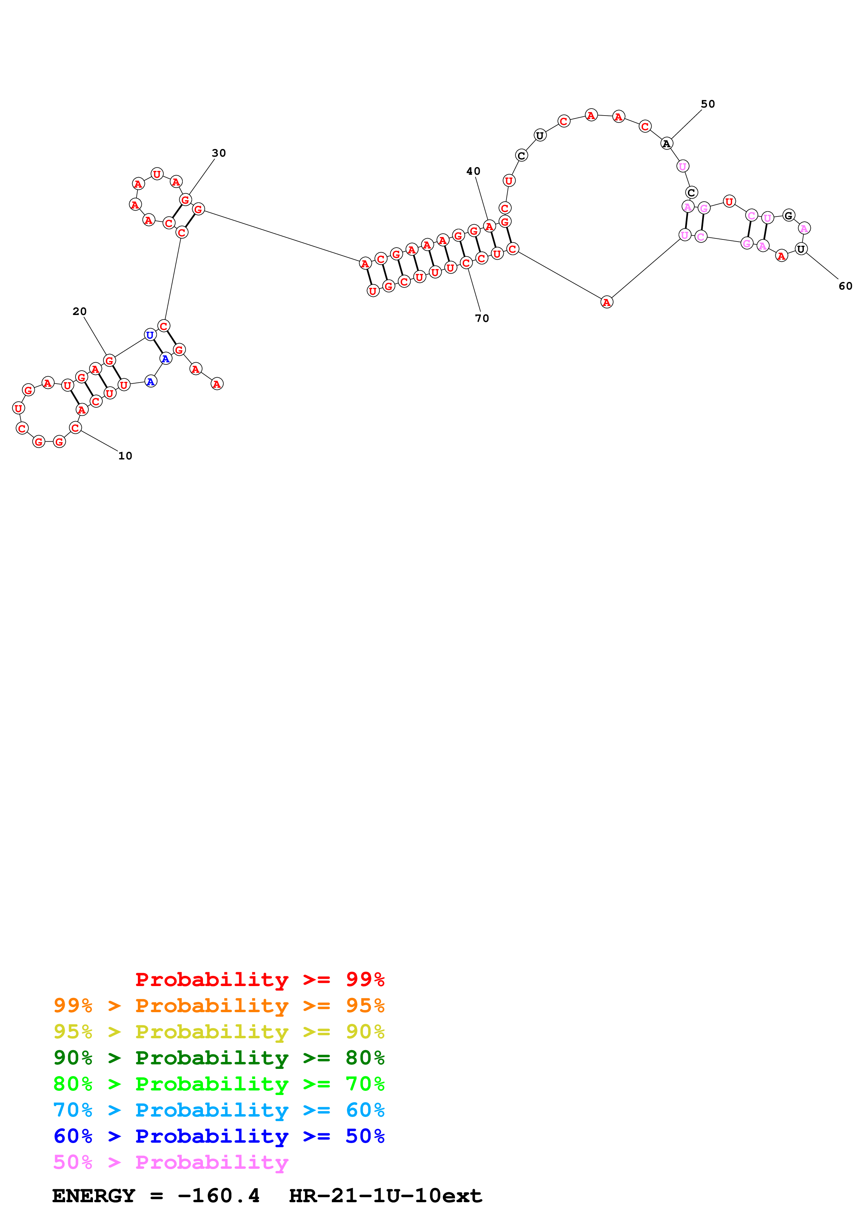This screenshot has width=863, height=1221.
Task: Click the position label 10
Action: pos(125,456)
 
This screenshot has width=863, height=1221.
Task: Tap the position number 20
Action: pos(79,311)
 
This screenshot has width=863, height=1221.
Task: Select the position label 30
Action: pos(219,153)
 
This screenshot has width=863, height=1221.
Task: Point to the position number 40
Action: pos(473,171)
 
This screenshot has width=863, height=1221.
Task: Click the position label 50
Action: pos(708,104)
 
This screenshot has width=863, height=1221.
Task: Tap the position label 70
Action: pos(482,318)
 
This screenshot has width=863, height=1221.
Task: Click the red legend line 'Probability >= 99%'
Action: pos(259,979)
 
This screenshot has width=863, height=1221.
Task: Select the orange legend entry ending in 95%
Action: pos(219,1006)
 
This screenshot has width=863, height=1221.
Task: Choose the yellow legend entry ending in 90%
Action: pos(219,1032)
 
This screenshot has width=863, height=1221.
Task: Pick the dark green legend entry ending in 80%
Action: pos(219,1058)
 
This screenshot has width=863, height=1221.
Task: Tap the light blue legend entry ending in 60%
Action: pos(219,1110)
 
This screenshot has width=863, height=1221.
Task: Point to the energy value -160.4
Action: pos(219,1196)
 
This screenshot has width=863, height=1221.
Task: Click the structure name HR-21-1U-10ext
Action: pos(385,1196)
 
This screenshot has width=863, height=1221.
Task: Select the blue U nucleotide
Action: pos(150,335)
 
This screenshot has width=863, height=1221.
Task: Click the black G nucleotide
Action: pos(789,215)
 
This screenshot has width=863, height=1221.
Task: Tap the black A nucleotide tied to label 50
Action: pos(667,144)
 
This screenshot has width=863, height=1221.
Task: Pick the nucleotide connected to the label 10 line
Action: pos(76,427)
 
